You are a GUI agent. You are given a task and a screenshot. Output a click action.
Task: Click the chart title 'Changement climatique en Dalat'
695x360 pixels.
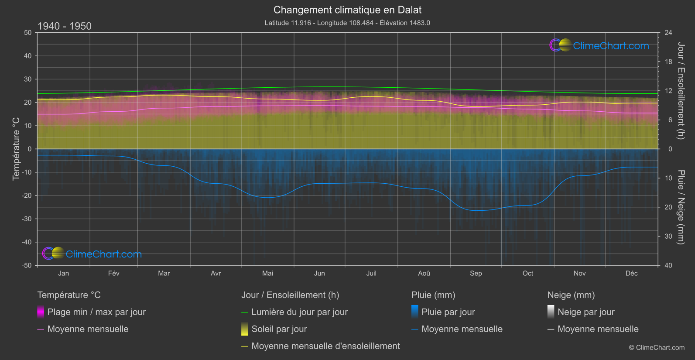tap(347, 10)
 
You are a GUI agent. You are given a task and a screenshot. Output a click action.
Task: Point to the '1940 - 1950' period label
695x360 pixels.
tap(65, 26)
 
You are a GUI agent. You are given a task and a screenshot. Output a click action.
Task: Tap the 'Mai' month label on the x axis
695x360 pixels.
tap(267, 273)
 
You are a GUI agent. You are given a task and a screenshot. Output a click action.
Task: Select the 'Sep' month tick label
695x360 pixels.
tap(476, 273)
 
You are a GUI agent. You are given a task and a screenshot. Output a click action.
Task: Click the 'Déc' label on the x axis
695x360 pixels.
tap(631, 273)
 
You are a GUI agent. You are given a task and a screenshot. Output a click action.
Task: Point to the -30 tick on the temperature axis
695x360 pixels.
tap(27, 219)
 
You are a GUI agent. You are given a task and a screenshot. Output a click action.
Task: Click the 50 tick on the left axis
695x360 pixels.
tap(28, 33)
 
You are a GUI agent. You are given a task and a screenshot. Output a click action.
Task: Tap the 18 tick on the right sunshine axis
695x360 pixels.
tap(668, 62)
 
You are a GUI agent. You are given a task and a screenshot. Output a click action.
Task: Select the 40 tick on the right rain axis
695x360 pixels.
tap(668, 265)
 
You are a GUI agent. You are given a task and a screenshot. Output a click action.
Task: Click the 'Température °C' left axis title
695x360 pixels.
tap(16, 148)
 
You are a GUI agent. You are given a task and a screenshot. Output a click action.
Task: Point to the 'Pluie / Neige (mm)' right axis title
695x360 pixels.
tap(681, 207)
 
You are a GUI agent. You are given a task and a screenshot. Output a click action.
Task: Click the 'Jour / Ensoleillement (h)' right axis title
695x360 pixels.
tap(681, 91)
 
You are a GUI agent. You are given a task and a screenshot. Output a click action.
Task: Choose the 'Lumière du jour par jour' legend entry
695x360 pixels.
tap(299, 312)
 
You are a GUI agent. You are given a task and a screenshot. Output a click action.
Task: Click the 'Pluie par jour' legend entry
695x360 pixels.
tap(448, 312)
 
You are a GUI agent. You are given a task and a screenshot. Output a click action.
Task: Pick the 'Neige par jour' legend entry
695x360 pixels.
tap(585, 312)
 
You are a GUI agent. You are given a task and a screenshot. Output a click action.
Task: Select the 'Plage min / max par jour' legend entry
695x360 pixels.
tap(96, 312)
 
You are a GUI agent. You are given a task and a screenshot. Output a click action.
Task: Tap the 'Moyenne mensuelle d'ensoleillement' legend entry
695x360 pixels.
tap(325, 346)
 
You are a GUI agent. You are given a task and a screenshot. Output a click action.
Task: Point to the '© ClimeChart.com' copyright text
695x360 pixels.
tap(657, 347)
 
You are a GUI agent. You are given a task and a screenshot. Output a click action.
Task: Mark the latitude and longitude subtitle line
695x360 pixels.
tap(347, 23)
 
